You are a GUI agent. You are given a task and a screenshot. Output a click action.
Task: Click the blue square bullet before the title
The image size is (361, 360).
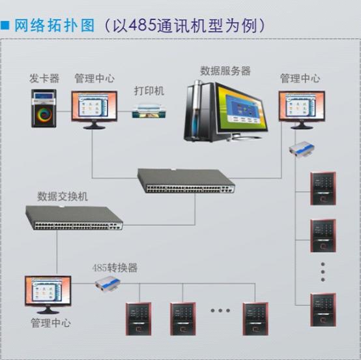(x=5, y=25)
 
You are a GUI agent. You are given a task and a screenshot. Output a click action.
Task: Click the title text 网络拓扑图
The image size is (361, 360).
(x=55, y=25)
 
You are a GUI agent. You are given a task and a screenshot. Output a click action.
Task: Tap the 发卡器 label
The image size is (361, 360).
(x=44, y=78)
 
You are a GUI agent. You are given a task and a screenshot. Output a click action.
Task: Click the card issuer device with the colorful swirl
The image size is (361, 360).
(x=44, y=108)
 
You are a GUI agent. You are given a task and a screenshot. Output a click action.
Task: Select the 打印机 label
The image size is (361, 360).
(x=149, y=91)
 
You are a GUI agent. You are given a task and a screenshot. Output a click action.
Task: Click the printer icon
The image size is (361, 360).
(x=149, y=112)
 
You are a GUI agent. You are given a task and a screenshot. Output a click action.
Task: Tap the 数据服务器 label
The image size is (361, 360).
(x=225, y=70)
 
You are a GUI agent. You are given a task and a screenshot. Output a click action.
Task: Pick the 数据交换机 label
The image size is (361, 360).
(x=63, y=196)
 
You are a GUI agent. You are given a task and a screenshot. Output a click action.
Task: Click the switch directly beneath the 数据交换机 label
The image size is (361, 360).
(x=74, y=218)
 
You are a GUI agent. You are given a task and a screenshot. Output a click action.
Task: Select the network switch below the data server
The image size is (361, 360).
(x=186, y=181)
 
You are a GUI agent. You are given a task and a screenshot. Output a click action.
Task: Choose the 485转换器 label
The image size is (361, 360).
(x=115, y=268)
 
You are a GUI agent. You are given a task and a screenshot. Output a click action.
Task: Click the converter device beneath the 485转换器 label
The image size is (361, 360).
(x=108, y=285)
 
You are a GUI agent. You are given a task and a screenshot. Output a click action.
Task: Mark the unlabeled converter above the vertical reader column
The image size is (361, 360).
(x=302, y=149)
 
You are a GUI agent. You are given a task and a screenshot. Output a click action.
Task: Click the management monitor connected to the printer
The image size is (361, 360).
(x=94, y=110)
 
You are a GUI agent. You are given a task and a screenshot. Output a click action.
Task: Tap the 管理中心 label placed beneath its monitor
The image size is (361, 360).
(x=51, y=323)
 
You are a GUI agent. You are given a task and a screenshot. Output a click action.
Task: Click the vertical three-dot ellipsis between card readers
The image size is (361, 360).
(x=323, y=272)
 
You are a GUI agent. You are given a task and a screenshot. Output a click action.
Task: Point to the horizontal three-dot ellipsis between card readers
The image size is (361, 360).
(x=220, y=310)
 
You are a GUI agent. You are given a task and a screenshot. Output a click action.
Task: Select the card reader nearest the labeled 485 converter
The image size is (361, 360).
(x=138, y=319)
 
